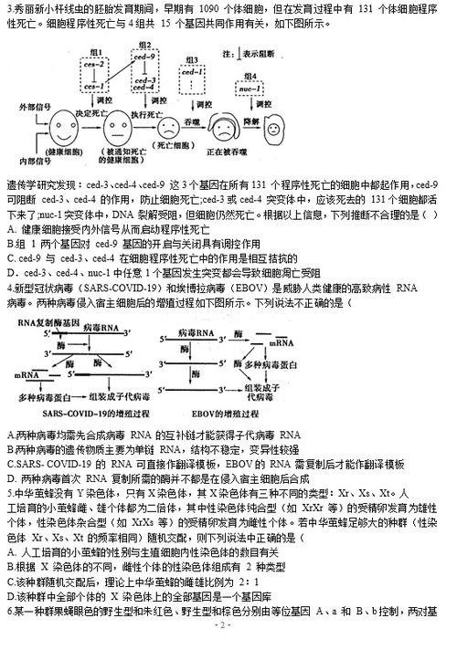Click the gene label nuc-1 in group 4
click(x=242, y=88)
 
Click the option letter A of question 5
click(x=8, y=553)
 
